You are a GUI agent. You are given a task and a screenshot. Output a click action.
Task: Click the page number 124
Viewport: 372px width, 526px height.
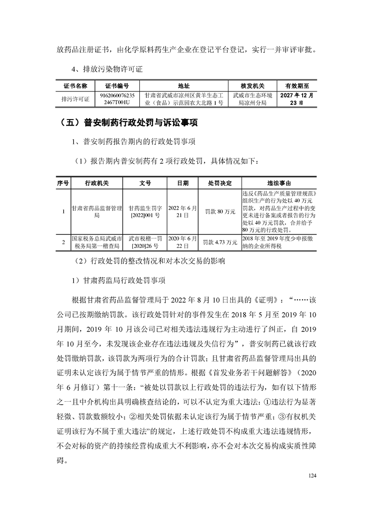[x=313, y=476]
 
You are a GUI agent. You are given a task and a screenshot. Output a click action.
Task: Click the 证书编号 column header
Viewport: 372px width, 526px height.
[x=117, y=86]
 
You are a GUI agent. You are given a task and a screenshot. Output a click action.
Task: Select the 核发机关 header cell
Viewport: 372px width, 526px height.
[x=252, y=86]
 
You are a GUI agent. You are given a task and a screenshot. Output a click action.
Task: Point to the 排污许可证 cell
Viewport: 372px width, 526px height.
[x=75, y=99]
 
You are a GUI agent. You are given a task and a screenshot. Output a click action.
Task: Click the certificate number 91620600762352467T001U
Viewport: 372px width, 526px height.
[x=117, y=99]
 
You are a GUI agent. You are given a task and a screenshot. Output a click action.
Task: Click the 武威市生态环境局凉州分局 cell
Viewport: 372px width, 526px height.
[x=252, y=99]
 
